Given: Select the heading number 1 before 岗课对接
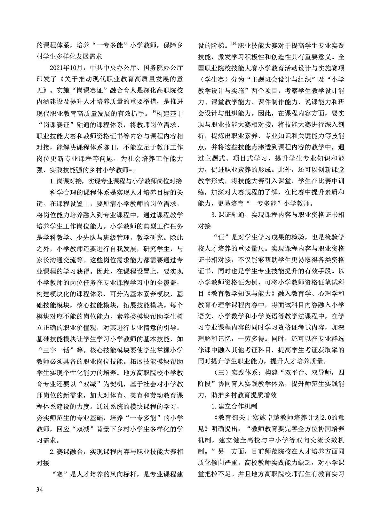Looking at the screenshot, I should pyautogui.click(x=52, y=181).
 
